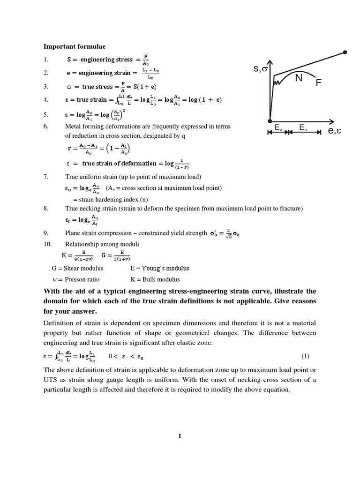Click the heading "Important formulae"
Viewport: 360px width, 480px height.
(75, 46)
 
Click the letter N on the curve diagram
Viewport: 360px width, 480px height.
(299, 78)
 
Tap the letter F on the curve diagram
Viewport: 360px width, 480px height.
(319, 83)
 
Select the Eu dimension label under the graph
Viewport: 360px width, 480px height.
(278, 127)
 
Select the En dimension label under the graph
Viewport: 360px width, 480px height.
(303, 127)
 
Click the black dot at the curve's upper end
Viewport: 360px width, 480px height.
(345, 52)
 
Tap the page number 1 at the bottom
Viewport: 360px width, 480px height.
(179, 436)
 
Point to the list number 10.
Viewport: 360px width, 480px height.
(47, 244)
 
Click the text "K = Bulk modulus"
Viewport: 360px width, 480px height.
(155, 279)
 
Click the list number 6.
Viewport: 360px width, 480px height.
(45, 127)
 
